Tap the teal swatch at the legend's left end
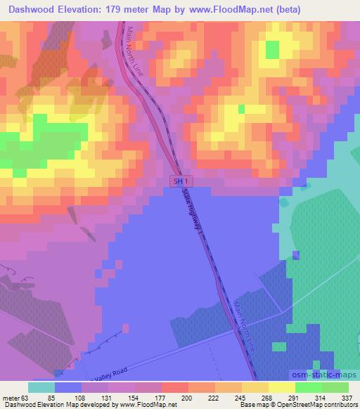click(41, 387)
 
